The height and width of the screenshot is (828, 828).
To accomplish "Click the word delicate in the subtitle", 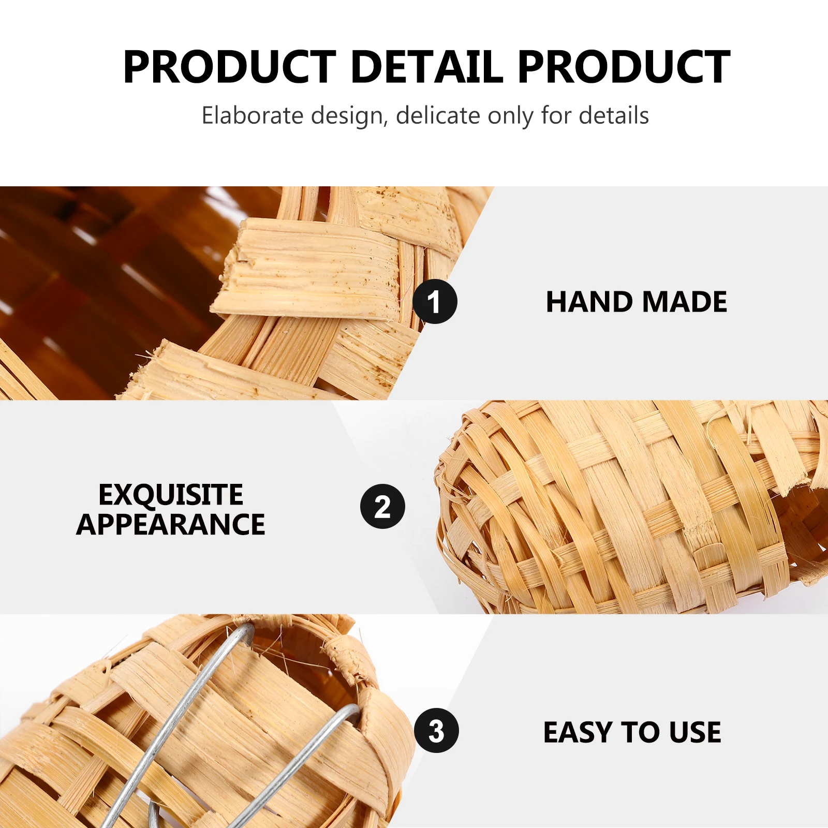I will coord(438,115).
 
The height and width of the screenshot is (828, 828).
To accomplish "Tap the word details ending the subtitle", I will coord(614,115).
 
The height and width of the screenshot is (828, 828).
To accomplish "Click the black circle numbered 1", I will coord(435,302).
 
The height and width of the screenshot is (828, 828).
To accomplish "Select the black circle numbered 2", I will coord(382,507).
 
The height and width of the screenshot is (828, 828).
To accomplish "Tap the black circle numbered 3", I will coord(436,730).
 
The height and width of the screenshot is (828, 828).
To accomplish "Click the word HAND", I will coord(589,302).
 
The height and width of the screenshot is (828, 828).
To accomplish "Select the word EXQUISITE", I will coord(171,495).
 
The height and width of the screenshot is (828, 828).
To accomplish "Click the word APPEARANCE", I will coord(171,525).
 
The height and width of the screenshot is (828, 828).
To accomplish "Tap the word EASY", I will coord(578,732).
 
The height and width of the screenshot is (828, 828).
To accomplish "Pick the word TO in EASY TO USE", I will coord(641,732).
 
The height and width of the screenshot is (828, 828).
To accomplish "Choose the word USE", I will coord(694,732).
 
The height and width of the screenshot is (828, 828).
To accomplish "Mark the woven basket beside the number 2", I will coord(621,507).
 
